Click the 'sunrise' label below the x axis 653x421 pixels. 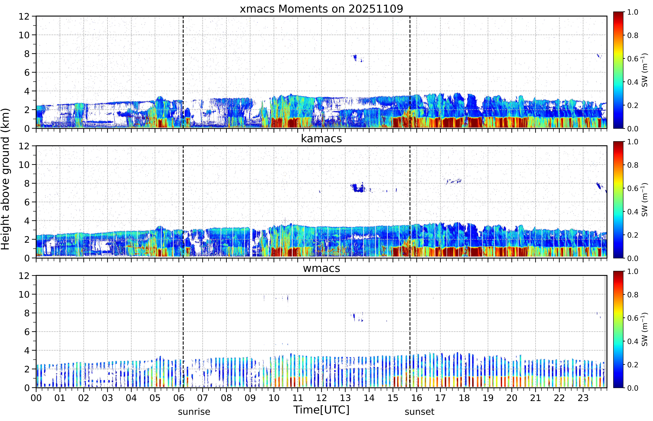coord(194,412)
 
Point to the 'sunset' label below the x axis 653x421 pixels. coord(419,412)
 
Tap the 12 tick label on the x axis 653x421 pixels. coord(322,398)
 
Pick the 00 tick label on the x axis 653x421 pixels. coord(36,398)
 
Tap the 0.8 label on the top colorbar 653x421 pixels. coord(633,35)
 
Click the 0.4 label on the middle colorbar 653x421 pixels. coord(633,212)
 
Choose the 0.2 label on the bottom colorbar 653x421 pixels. coord(633,365)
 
